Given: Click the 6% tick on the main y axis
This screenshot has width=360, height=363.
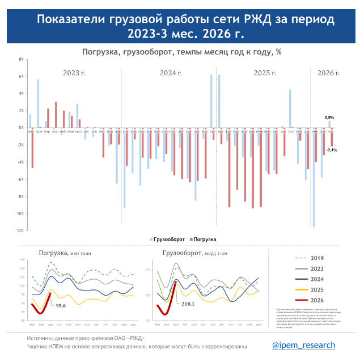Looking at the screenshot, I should click(21, 76).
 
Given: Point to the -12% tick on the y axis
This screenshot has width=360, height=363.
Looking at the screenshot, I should click(20, 230).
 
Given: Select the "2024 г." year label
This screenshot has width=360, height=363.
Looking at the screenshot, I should click(171, 72).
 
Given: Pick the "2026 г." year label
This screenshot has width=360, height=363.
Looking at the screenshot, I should click(328, 72).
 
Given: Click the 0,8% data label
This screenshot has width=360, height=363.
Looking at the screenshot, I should click(329, 116).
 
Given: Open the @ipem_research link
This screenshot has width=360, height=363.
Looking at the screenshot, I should click(303, 345).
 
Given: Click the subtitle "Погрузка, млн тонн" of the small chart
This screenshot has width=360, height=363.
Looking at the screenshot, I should click(64, 253).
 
